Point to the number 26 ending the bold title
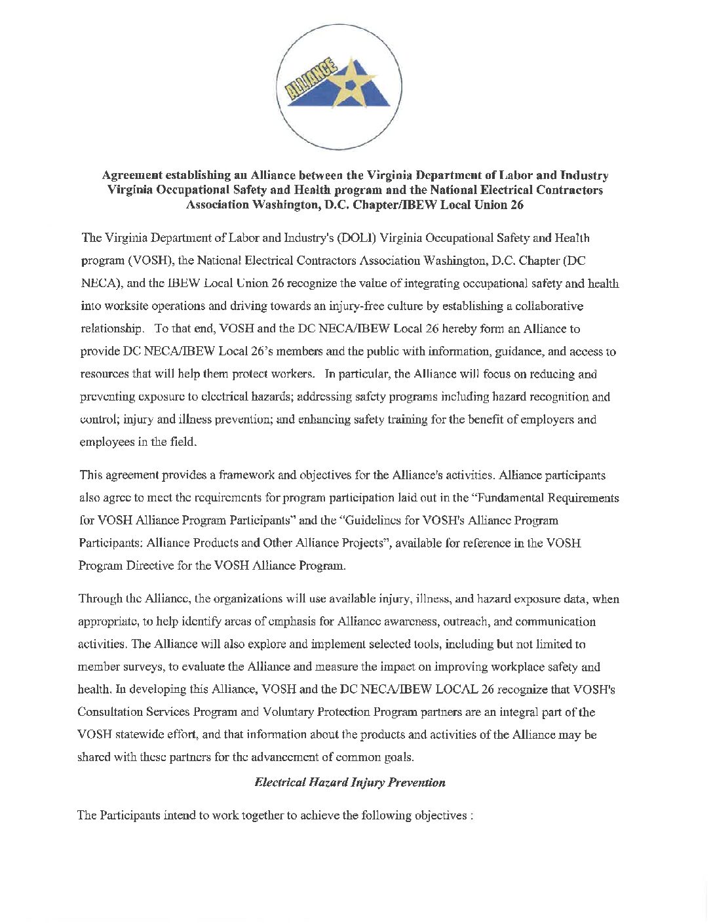coord(516,205)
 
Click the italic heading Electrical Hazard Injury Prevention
coord(350,782)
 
